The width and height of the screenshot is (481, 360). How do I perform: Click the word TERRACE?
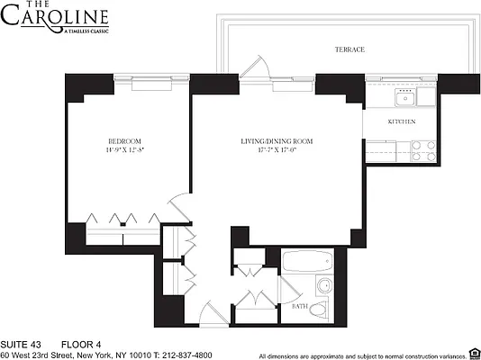349,49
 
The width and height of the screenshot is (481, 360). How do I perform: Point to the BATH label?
299,307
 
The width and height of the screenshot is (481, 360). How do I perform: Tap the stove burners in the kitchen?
423,150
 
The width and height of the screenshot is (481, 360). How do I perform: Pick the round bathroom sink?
323,287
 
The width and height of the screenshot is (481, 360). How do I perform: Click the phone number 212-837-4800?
185,355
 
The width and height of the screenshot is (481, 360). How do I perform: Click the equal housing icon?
474,352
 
